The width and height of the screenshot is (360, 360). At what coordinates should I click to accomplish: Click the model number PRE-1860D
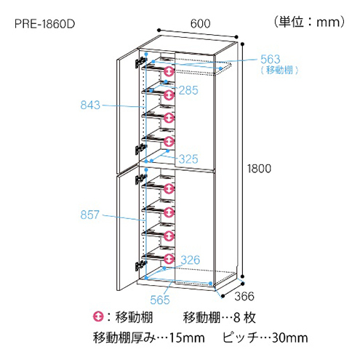point(45,24)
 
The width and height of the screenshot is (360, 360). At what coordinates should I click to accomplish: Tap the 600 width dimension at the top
point(200,23)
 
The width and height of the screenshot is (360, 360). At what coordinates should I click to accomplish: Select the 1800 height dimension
point(259,169)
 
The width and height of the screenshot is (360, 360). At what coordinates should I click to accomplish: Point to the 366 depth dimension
point(244,296)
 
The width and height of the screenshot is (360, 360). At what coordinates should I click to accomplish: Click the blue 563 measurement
point(271,59)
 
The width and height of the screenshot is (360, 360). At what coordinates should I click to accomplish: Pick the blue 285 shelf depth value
point(188,90)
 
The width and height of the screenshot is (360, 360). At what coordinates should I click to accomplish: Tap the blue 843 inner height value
point(90,105)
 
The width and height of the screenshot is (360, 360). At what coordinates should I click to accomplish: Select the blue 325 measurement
point(188,159)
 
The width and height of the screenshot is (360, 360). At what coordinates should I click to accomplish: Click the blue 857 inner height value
point(90,215)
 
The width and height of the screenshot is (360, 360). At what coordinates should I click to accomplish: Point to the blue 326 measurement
point(191,260)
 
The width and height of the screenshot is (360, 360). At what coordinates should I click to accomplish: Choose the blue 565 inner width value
point(160,300)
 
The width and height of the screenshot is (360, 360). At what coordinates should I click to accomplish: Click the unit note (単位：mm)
point(309,22)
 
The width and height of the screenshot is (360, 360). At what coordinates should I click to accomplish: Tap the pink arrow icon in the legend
point(98,316)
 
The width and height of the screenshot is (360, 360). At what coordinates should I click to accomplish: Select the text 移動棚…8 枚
point(219,317)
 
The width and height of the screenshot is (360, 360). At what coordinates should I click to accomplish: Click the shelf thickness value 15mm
point(187,337)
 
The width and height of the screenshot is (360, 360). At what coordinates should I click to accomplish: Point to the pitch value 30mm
point(290,337)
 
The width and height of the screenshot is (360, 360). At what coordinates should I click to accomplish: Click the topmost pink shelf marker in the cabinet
point(169,71)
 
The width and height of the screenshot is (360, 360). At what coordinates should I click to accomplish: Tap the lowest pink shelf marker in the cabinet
point(169,259)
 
